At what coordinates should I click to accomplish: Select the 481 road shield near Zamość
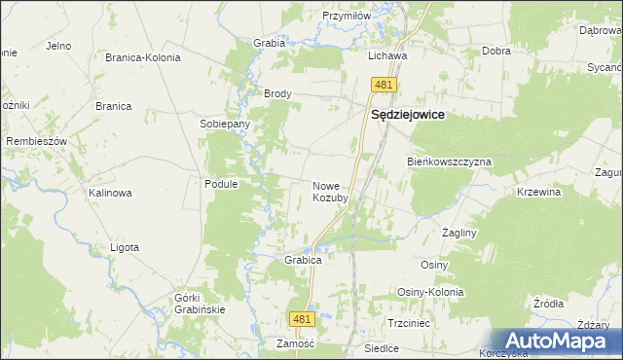303,319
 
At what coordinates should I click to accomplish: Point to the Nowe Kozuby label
330,192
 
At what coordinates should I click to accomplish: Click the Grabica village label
303,261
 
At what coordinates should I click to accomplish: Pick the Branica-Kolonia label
143,57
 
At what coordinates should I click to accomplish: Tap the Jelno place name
59,45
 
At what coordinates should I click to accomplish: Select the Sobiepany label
225,125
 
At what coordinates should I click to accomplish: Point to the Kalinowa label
110,193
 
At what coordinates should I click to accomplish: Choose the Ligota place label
125,247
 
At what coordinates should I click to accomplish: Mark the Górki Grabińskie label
200,303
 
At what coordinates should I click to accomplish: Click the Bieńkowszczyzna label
449,162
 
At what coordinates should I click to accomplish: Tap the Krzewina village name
539,193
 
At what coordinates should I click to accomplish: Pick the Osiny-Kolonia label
430,292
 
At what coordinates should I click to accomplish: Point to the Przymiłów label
348,16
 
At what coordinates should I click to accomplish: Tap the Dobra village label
497,51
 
